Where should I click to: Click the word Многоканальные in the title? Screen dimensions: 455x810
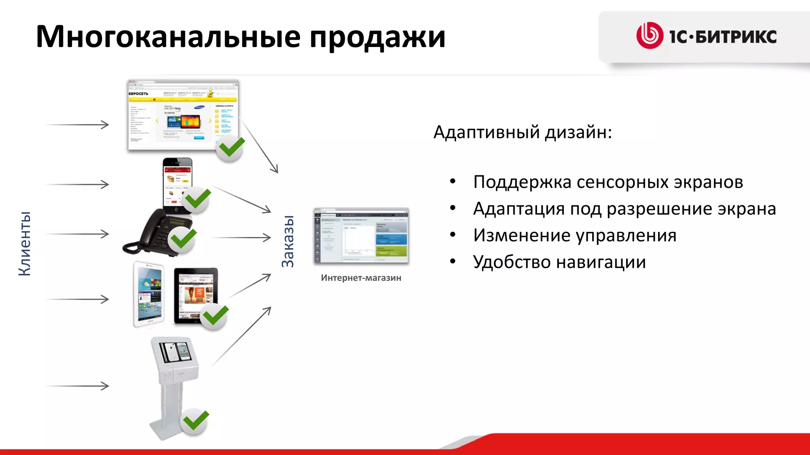[x=168, y=37]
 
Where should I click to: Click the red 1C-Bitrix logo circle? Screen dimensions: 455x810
[x=649, y=36]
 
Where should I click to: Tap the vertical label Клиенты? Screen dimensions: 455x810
[x=25, y=243]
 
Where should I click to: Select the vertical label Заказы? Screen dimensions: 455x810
[x=288, y=242]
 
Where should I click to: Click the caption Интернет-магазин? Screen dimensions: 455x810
[x=361, y=278]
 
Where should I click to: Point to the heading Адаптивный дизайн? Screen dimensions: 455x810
[x=522, y=132]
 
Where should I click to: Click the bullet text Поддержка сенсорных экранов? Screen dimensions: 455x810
[x=608, y=182]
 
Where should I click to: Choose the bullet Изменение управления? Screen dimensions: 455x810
[x=574, y=235]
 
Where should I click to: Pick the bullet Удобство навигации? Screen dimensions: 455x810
[x=559, y=262]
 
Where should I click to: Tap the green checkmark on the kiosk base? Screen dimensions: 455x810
[x=195, y=421]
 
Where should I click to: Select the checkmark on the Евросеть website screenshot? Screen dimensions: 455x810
[x=231, y=148]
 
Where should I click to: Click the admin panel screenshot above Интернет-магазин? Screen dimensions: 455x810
[x=361, y=236]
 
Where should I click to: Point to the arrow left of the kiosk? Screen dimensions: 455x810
[x=78, y=386]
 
